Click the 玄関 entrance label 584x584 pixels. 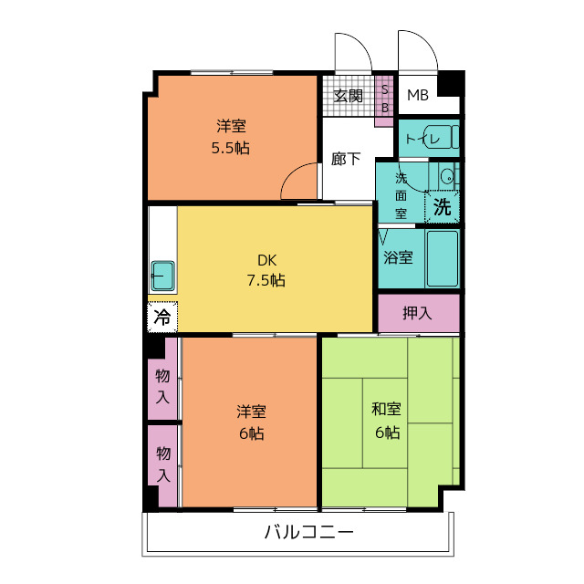tap(348, 96)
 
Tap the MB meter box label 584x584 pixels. tap(418, 95)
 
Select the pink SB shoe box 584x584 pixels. tap(384, 100)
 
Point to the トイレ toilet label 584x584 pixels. tap(422, 140)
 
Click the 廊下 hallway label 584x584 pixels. tap(346, 159)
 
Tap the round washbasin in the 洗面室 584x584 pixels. tap(446, 176)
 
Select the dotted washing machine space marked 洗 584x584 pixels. tap(442, 207)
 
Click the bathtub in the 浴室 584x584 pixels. tap(443, 258)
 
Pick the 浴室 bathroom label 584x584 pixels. tap(398, 257)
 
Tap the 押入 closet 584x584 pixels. tap(419, 313)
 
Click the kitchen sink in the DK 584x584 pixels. tap(162, 276)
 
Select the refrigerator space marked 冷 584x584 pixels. tap(162, 317)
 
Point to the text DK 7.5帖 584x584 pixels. tap(266, 270)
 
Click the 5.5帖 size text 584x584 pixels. tap(231, 148)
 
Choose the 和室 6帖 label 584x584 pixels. tap(387, 421)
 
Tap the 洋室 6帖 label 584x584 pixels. tap(252, 422)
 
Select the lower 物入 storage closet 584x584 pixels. tap(162, 465)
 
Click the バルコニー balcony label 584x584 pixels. tap(308, 532)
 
